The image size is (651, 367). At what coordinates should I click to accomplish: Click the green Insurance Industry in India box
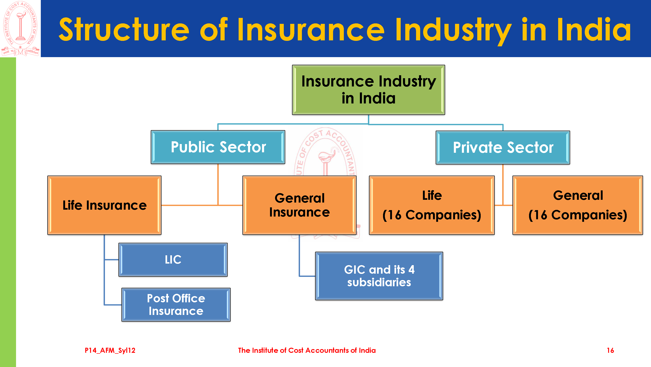(x=368, y=90)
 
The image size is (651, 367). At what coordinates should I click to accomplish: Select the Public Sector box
(x=218, y=147)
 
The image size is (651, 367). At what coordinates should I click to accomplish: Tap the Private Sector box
(x=503, y=147)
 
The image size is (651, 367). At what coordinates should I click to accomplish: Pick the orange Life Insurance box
(x=104, y=205)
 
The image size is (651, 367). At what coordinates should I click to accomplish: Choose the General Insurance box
(x=299, y=205)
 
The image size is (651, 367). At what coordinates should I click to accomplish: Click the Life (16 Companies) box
(x=432, y=205)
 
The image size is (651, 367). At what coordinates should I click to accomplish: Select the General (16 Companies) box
(x=578, y=205)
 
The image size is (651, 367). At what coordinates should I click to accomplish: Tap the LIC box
(x=173, y=260)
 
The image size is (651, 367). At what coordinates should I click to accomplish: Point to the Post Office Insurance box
(x=176, y=305)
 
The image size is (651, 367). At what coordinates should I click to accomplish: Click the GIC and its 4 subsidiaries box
(x=379, y=276)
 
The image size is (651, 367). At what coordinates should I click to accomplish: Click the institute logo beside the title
(x=20, y=28)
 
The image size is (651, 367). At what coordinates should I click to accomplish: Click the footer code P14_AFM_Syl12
(x=110, y=350)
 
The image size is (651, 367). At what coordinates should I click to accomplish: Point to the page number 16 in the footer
(x=610, y=350)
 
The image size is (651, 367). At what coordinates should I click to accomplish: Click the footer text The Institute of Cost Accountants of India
(x=307, y=350)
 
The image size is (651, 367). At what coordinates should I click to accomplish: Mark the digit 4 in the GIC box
(x=411, y=270)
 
